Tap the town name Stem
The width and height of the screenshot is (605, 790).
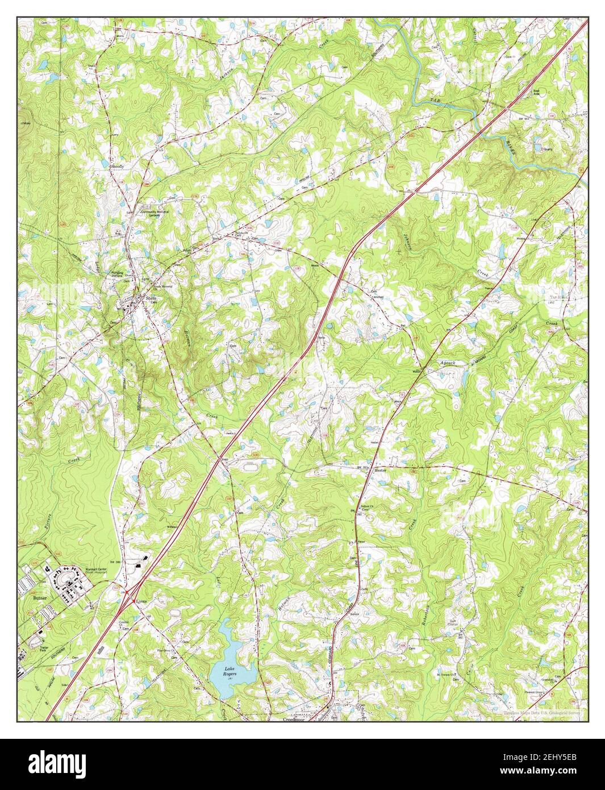[x=150, y=298]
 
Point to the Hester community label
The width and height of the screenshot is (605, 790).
[x=380, y=471]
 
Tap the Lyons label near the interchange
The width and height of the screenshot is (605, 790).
[x=141, y=601]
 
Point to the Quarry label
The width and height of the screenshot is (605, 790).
[x=546, y=149]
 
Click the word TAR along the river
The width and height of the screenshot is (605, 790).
[x=435, y=101]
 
